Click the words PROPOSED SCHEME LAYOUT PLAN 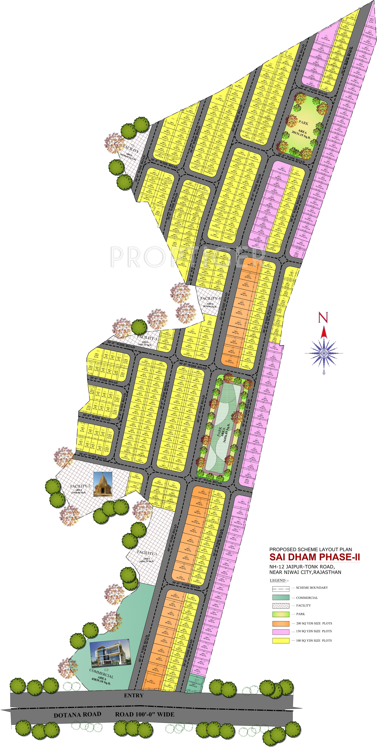[x=311, y=549]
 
